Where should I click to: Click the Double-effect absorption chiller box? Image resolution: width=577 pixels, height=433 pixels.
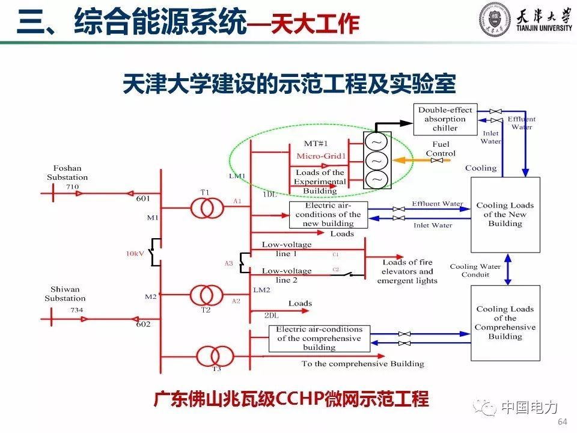[445, 119]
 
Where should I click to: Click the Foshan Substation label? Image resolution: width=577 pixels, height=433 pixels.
[67, 173]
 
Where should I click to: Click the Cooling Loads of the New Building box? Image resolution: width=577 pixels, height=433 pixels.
[505, 215]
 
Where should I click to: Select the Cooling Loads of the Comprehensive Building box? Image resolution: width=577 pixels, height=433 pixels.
[505, 323]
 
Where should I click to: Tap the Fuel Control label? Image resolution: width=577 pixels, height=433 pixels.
[441, 149]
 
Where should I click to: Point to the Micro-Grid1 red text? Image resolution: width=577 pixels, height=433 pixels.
[322, 157]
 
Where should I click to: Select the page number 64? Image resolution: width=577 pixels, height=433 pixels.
[563, 421]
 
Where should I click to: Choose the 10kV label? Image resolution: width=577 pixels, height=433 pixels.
[134, 254]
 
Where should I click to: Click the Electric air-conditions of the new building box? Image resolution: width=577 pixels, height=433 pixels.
[328, 215]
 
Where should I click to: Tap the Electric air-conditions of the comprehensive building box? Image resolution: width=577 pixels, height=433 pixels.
[319, 339]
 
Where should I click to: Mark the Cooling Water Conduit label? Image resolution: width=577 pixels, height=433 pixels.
[475, 271]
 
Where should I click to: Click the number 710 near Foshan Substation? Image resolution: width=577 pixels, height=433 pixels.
[73, 187]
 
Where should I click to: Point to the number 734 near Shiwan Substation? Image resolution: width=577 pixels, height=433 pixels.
[76, 310]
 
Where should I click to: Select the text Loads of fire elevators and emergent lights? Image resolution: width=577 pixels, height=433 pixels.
[407, 271]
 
